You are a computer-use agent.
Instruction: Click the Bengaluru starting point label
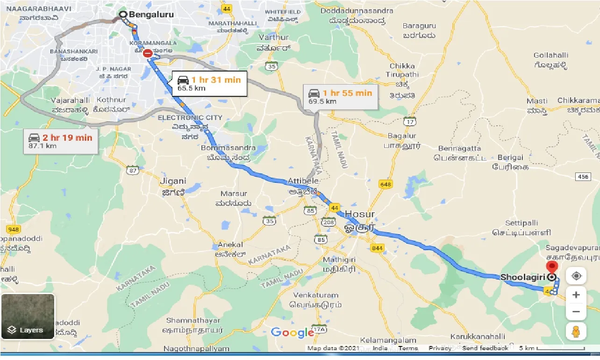[151, 14]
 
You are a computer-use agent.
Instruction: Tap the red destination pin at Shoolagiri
[552, 268]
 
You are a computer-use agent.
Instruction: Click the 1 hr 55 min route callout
[340, 96]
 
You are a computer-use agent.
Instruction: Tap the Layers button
[28, 316]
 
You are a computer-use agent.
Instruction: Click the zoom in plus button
[576, 295]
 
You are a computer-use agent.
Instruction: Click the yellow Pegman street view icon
[576, 331]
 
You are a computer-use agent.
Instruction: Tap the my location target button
[576, 276]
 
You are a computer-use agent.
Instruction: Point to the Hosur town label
[360, 214]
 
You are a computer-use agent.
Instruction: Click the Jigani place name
[173, 181]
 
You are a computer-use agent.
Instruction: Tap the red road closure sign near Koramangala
[148, 54]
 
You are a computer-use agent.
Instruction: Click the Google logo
[292, 332]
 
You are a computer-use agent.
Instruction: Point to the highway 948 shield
[13, 229]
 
